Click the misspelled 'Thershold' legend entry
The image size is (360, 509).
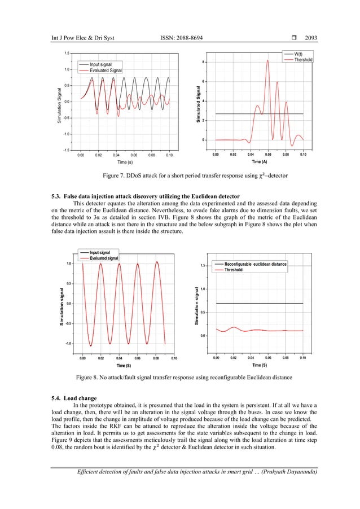pyautogui.click(x=303, y=59)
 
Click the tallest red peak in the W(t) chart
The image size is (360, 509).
pyautogui.click(x=267, y=61)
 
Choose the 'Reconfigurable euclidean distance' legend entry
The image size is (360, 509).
pyautogui.click(x=255, y=264)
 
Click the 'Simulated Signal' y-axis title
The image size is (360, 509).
pyautogui.click(x=198, y=105)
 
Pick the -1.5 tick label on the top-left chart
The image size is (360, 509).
pyautogui.click(x=66, y=150)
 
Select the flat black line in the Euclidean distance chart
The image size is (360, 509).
pyautogui.click(x=260, y=304)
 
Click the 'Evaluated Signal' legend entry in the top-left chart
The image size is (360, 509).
pyautogui.click(x=106, y=71)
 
